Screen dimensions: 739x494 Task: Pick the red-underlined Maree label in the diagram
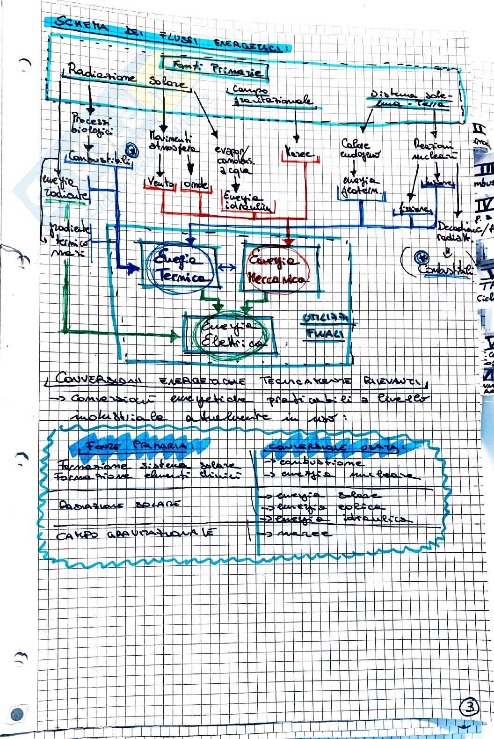(300, 154)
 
